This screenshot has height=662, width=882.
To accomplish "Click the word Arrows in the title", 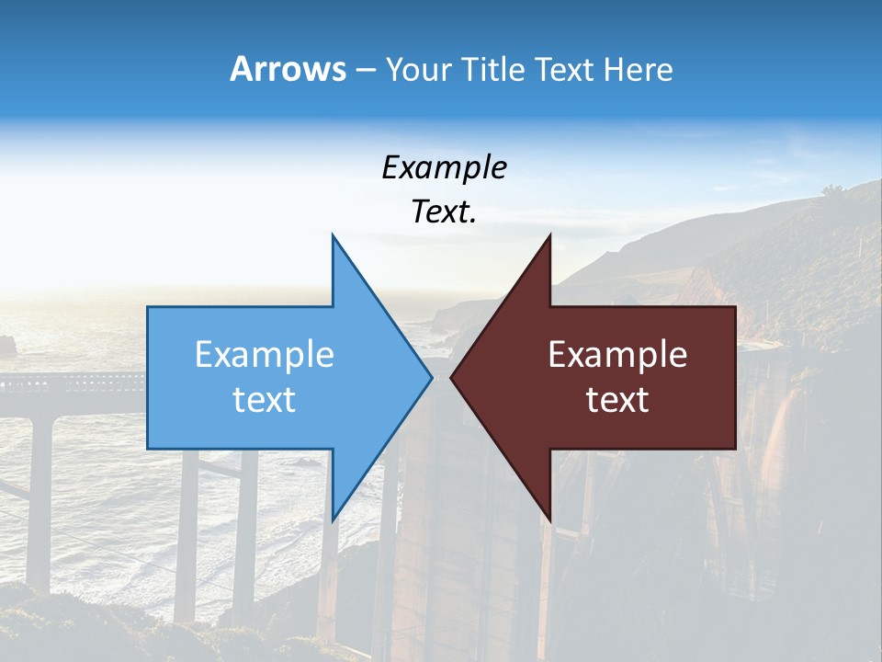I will pos(288,69).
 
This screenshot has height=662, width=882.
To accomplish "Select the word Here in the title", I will pos(638,69).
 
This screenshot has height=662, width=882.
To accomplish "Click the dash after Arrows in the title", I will pos(365,70).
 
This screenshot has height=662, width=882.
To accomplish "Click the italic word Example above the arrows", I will pos(444,167).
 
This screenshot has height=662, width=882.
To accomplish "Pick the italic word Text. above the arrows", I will pos(444,212).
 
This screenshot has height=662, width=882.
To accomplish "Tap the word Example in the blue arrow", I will pos(265,354).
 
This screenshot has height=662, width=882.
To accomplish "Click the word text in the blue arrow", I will pos(265,400).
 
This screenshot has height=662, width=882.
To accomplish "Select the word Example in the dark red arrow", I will pos(617,354).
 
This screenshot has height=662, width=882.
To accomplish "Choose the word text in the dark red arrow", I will pos(617,400).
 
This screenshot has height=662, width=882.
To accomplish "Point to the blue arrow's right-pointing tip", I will pos(432,377).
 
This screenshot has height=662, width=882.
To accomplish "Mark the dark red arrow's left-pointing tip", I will pos(451,377).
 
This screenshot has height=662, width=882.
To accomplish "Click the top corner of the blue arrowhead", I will pos(333,235).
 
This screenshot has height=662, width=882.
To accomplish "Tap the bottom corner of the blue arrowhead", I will pos(333,520).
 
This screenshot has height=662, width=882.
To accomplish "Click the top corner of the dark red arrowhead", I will pos(550,235).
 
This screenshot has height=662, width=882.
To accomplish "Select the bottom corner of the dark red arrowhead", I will pos(550,520).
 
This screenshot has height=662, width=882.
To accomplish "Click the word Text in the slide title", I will pos(568,69).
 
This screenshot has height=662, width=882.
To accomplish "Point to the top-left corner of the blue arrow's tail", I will pos(148,307).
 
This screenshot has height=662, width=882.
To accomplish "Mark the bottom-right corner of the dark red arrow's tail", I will pos(735,448).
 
